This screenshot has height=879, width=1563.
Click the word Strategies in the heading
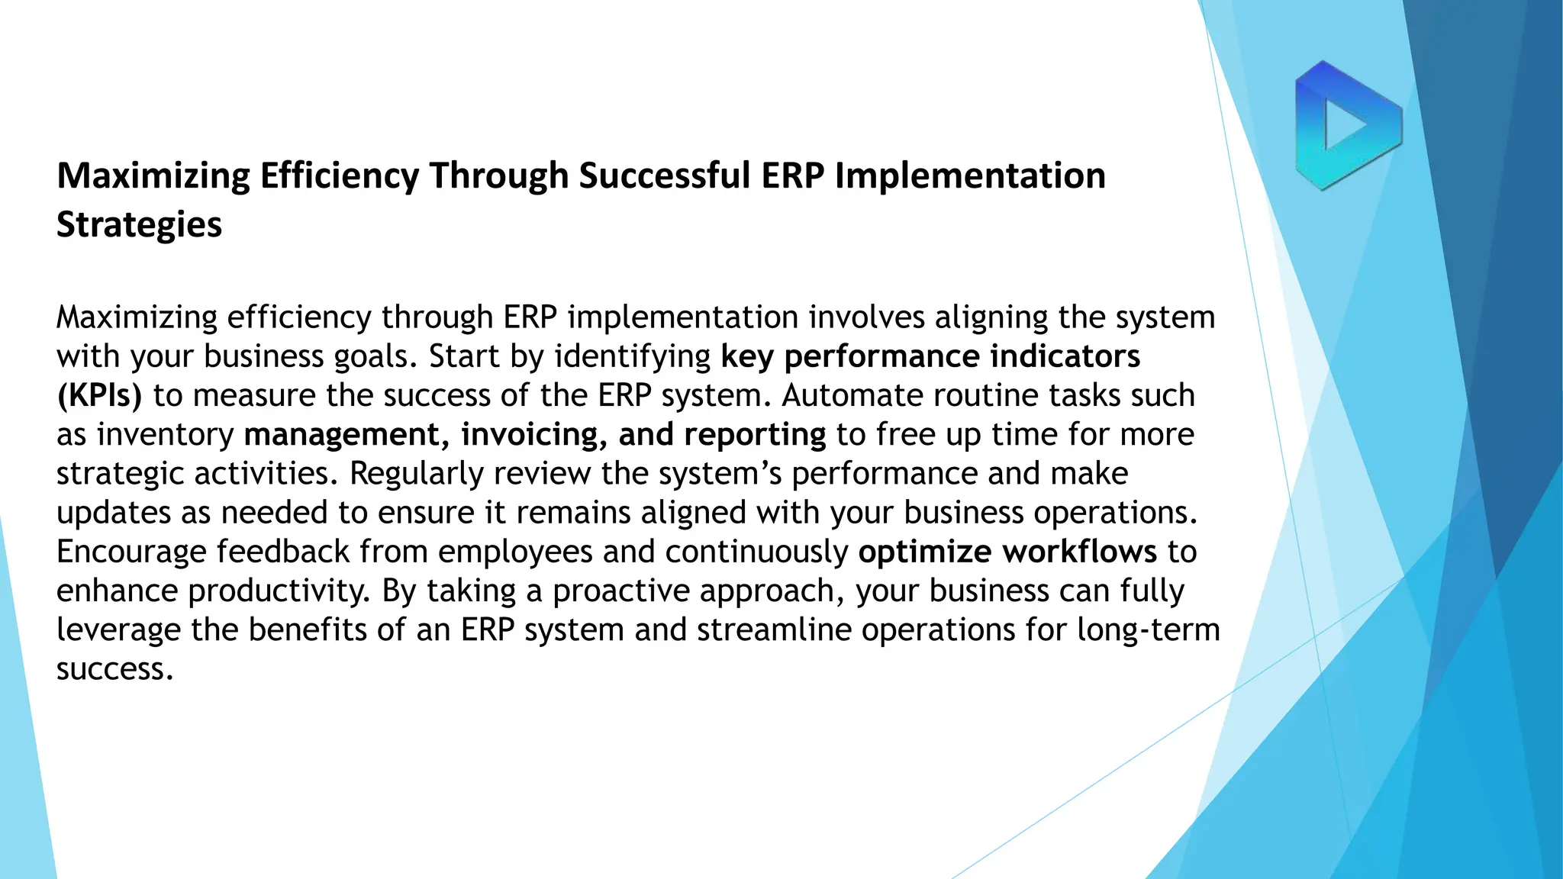pos(139,225)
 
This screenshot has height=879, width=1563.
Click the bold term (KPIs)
pos(99,396)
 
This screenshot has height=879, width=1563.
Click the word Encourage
pos(131,552)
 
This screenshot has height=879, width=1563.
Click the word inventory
pos(165,435)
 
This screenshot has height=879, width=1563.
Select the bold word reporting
pos(754,435)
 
